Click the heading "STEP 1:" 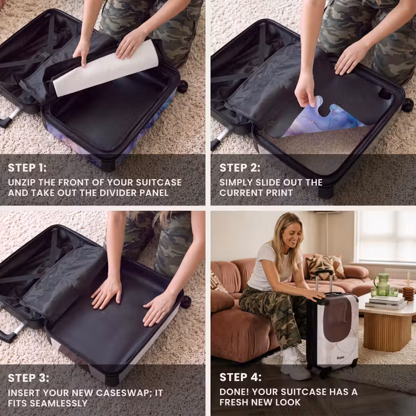click(27, 168)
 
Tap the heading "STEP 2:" click(240, 168)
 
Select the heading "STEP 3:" click(28, 378)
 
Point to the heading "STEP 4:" click(240, 377)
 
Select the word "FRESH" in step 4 click(237, 402)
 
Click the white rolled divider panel click(105, 68)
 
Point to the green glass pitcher click(382, 285)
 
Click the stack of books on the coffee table click(386, 302)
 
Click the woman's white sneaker click(295, 366)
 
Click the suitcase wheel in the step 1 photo click(182, 87)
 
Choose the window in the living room click(387, 236)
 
